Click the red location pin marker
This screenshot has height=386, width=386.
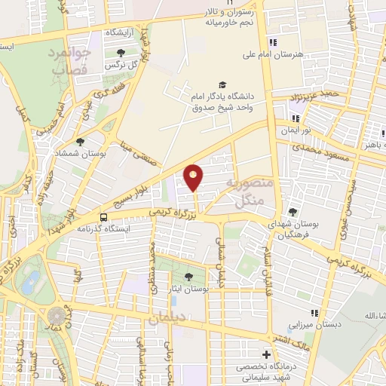click(195, 177)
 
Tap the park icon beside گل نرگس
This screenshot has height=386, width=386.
click(121, 52)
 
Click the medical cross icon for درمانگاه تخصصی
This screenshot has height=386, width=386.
click(265, 354)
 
